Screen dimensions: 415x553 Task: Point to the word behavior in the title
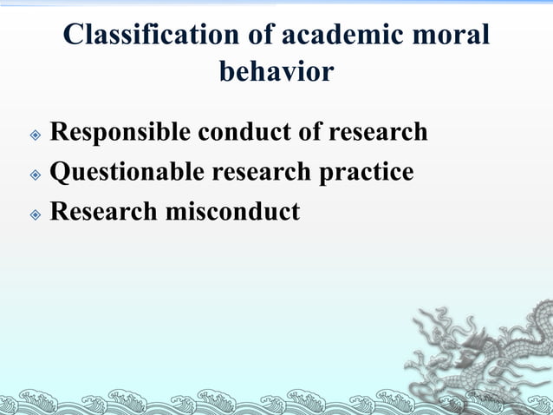coord(276,71)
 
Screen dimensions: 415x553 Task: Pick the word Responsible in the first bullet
coord(120,132)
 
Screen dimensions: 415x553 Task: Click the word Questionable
coord(127,172)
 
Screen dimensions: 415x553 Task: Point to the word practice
coord(368,172)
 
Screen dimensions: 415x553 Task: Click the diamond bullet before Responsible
coord(35,135)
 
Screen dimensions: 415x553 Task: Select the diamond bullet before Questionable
coord(35,175)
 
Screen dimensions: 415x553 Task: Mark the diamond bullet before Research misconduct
coord(35,214)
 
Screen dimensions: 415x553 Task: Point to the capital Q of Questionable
coord(61,172)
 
